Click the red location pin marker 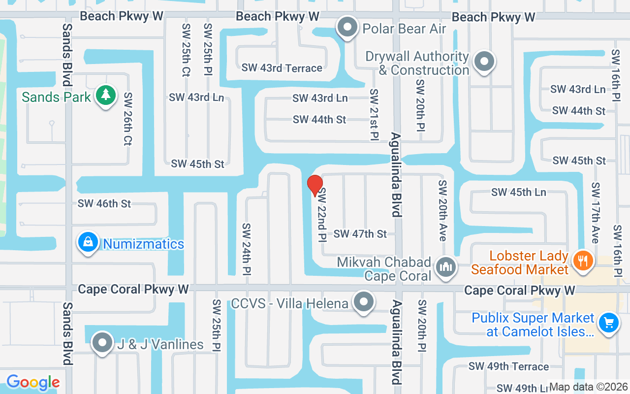(315, 185)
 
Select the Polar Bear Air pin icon (348, 27)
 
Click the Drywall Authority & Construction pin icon (484, 62)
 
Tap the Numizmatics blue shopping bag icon (88, 242)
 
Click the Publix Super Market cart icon (609, 323)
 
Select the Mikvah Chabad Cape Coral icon (446, 267)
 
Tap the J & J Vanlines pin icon (102, 343)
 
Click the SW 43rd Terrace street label (282, 68)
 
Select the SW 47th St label (360, 234)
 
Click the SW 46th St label (104, 203)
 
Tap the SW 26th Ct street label (127, 119)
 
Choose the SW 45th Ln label (518, 192)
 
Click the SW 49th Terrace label (508, 366)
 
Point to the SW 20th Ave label (442, 210)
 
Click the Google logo (33, 382)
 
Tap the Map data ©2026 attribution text (588, 387)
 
